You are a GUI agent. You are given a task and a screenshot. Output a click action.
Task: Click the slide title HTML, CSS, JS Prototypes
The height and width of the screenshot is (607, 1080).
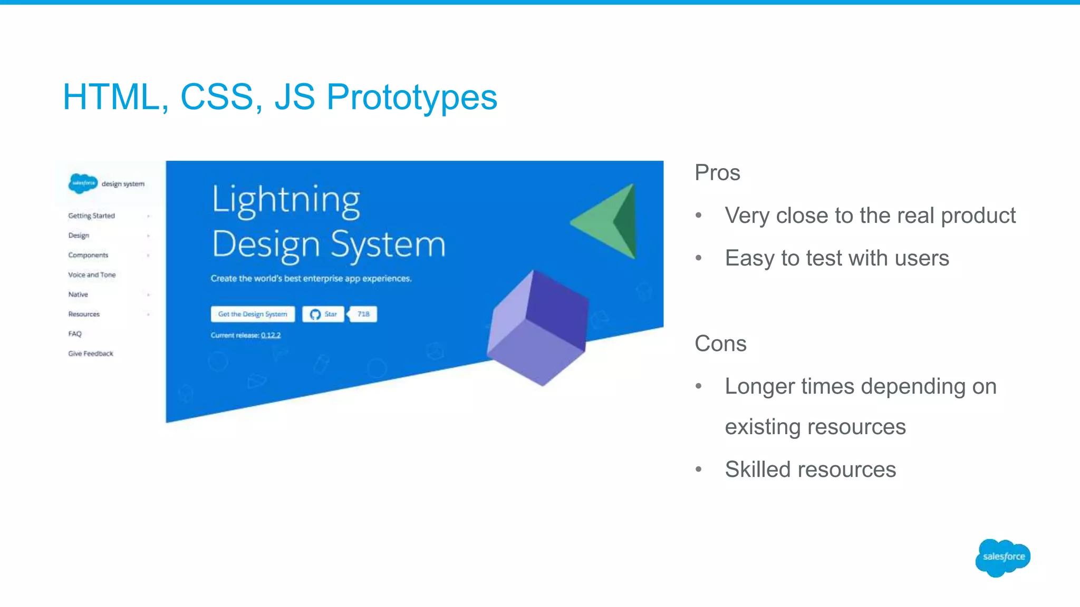click(x=279, y=97)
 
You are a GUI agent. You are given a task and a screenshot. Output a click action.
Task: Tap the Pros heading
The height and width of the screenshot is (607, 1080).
click(x=717, y=173)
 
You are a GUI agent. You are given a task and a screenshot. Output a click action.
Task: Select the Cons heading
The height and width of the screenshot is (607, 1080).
click(x=720, y=344)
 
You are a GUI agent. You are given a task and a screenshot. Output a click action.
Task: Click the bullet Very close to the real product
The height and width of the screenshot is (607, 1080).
click(x=870, y=216)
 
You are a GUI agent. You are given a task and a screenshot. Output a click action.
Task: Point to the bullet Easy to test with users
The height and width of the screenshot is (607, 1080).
click(x=836, y=258)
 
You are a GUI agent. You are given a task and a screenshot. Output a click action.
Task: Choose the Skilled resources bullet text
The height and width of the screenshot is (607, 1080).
click(x=810, y=469)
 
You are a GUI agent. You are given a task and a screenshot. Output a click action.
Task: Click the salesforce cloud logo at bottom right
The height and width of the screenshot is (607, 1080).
click(x=1002, y=557)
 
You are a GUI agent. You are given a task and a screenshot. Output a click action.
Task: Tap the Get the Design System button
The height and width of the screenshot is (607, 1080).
click(x=253, y=314)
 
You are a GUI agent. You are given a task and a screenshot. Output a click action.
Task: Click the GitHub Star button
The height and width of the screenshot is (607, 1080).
click(x=323, y=314)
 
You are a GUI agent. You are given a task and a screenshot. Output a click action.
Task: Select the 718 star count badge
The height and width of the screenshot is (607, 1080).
click(x=363, y=314)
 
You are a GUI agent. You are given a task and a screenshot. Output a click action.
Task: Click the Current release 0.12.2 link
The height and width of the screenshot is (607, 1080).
click(x=271, y=335)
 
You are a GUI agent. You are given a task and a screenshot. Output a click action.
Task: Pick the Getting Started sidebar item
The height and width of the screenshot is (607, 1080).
click(x=91, y=216)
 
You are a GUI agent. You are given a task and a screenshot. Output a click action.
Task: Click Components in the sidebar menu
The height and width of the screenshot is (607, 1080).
click(x=88, y=255)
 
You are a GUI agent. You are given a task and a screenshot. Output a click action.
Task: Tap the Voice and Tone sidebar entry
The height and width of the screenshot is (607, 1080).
click(x=92, y=275)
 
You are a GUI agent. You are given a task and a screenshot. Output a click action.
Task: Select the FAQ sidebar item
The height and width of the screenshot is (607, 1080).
click(x=75, y=334)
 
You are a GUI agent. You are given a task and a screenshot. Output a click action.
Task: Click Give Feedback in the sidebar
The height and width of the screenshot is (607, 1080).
click(x=91, y=354)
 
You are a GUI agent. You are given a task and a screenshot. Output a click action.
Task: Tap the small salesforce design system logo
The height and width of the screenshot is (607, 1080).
click(x=83, y=183)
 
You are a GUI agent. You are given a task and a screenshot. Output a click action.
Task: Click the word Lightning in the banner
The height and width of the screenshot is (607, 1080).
click(x=286, y=200)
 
